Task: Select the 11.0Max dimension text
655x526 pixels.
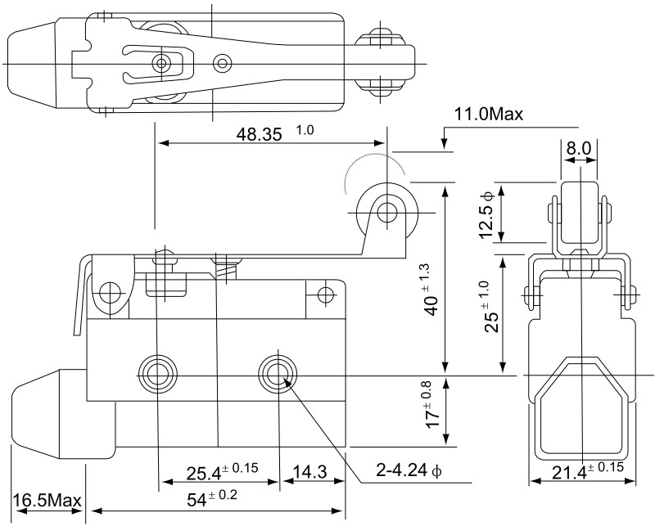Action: tap(488, 114)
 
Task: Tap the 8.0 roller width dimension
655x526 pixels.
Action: tap(579, 148)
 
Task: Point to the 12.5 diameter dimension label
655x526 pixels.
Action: tap(486, 214)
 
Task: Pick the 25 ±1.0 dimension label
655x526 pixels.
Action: tap(492, 307)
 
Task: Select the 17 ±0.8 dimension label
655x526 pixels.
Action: tap(433, 404)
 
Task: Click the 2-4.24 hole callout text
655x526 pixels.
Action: tap(409, 470)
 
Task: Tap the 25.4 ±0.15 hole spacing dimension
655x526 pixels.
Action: tap(222, 471)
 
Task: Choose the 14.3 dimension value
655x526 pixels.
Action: tap(309, 472)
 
